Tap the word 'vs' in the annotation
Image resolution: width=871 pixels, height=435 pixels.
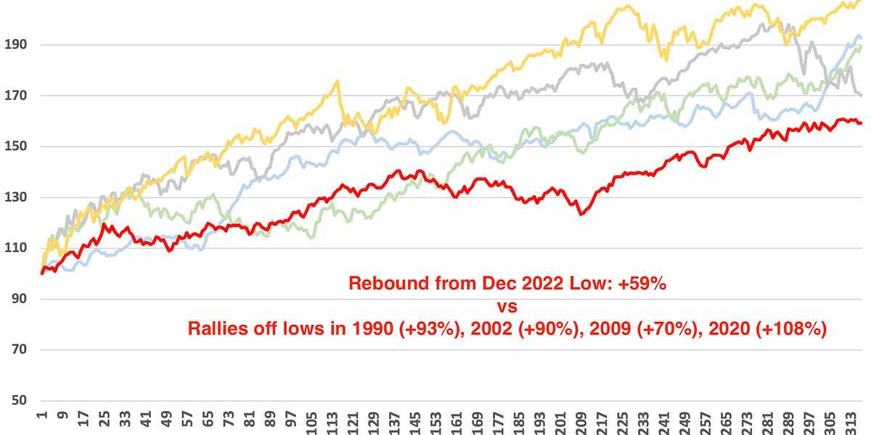coord(507,306)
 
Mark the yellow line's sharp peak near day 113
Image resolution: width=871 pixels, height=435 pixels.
coord(337,81)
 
